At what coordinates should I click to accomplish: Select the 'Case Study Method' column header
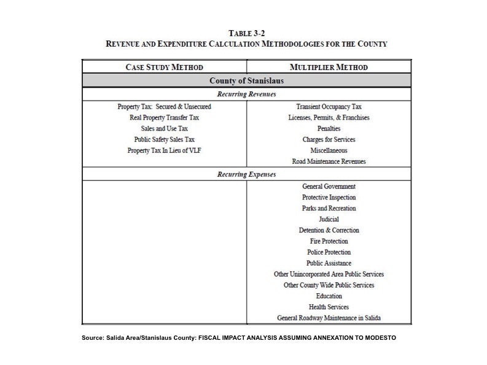[164, 67]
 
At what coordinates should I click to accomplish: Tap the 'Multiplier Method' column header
[329, 67]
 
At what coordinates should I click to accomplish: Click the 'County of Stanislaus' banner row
[246, 81]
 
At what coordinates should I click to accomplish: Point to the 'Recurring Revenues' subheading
[246, 94]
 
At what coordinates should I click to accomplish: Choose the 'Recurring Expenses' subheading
[246, 174]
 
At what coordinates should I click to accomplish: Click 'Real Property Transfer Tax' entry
[164, 117]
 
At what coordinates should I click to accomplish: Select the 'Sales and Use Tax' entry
[164, 128]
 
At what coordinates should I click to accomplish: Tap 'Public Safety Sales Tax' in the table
[164, 139]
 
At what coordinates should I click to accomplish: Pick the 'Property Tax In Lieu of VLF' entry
[164, 150]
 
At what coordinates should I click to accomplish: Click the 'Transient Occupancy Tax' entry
[329, 106]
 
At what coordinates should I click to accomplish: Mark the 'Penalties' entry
[329, 128]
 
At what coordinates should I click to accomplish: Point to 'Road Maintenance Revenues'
[329, 161]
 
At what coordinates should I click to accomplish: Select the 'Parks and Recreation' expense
[329, 208]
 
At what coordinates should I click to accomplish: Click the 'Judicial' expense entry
[329, 219]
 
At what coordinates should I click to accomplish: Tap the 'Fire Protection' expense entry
[329, 241]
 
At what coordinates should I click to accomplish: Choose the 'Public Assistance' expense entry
[329, 263]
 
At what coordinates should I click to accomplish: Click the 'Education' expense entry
[329, 296]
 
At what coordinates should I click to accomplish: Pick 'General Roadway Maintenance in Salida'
[329, 318]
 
